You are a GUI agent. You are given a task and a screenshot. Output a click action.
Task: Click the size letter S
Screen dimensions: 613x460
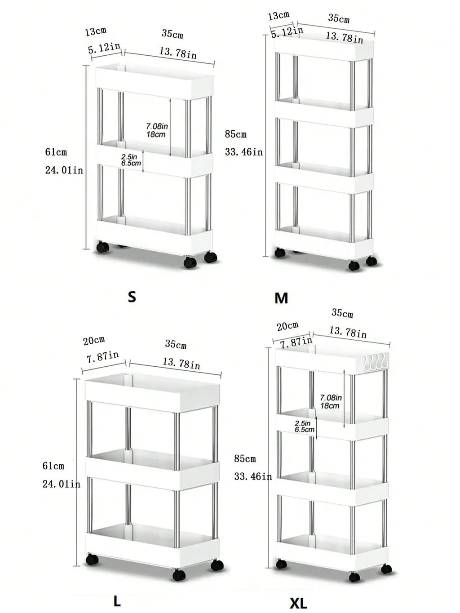coord(132,297)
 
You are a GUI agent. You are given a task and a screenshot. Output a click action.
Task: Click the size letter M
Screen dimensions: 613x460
coord(281,298)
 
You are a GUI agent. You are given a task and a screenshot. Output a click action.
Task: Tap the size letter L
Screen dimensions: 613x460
coord(117,601)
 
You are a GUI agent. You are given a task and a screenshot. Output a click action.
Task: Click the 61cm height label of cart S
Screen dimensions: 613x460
coord(56,152)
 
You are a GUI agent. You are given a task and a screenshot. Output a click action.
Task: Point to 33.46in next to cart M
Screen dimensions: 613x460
coord(243,152)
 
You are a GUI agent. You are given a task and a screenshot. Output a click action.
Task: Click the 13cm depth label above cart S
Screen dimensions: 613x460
coord(95,31)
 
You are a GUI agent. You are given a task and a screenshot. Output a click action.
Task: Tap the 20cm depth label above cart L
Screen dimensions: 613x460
coord(94,340)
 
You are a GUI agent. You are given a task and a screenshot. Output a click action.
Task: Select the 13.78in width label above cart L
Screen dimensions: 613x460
coord(181,363)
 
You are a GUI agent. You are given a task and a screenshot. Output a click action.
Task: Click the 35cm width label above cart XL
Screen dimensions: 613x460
coord(342,313)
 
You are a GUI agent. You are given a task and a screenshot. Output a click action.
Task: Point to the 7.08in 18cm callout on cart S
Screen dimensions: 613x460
coord(157,130)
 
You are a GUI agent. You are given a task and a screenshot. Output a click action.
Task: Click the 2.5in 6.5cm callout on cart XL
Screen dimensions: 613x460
coord(304,426)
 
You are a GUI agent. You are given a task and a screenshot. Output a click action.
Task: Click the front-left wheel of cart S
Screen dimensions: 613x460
coord(103,247)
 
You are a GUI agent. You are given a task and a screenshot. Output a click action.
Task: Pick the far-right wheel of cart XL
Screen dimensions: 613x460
coord(386,569)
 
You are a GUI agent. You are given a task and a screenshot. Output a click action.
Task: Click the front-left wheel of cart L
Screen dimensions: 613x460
coord(92,560)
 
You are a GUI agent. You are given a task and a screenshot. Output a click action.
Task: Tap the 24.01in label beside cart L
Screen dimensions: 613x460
coord(61,484)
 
